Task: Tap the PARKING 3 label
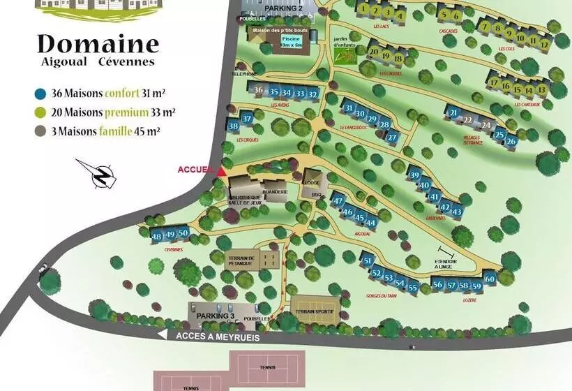coord(215,316)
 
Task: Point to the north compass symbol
coord(100,174)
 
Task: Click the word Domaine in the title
coord(98,43)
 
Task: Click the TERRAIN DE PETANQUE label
coord(242,260)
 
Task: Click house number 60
coord(490,279)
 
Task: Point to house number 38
coord(234,126)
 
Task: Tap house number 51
coord(368,261)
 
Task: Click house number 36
coord(259,90)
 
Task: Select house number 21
coord(453,113)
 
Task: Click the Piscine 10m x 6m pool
coord(292,42)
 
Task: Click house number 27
coord(392,137)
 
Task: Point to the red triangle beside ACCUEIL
coord(221,170)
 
